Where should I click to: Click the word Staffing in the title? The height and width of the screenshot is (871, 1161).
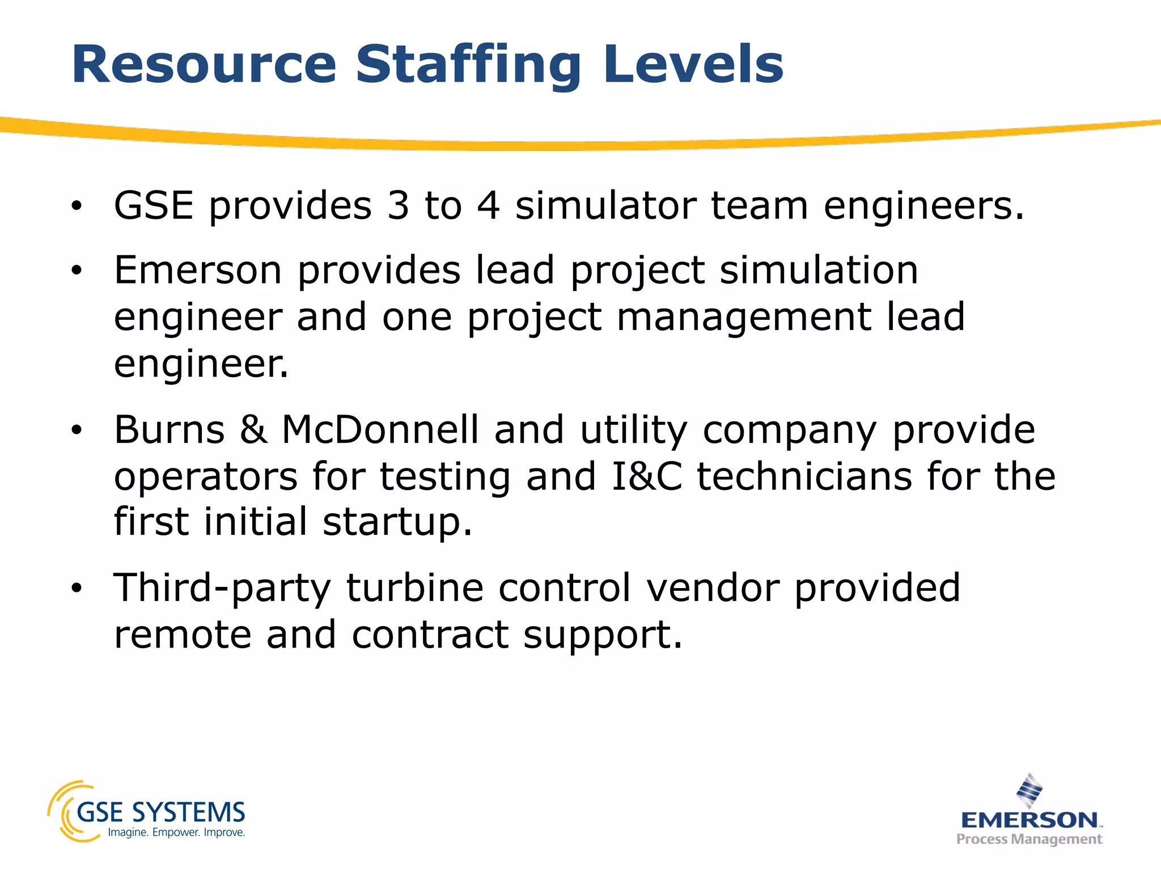click(468, 65)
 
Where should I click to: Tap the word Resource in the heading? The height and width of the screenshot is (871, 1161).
click(204, 65)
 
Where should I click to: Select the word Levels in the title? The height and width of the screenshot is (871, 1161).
click(693, 65)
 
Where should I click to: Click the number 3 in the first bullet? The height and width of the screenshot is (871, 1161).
click(398, 205)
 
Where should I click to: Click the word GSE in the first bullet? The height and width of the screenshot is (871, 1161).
click(154, 205)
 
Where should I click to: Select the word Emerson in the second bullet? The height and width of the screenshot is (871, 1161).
click(198, 270)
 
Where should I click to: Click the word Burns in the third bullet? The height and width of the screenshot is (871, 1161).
click(170, 430)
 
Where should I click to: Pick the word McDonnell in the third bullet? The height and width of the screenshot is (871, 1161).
click(380, 430)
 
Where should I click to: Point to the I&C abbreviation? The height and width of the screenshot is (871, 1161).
click(646, 476)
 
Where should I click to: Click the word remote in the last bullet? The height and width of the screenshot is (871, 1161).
click(183, 635)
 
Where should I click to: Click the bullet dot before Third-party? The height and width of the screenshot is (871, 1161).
click(77, 589)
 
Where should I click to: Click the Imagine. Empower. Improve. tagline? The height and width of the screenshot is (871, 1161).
click(176, 833)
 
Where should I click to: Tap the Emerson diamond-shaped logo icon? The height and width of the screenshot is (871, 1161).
click(1029, 790)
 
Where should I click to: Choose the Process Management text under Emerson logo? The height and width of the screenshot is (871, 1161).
click(1029, 839)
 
